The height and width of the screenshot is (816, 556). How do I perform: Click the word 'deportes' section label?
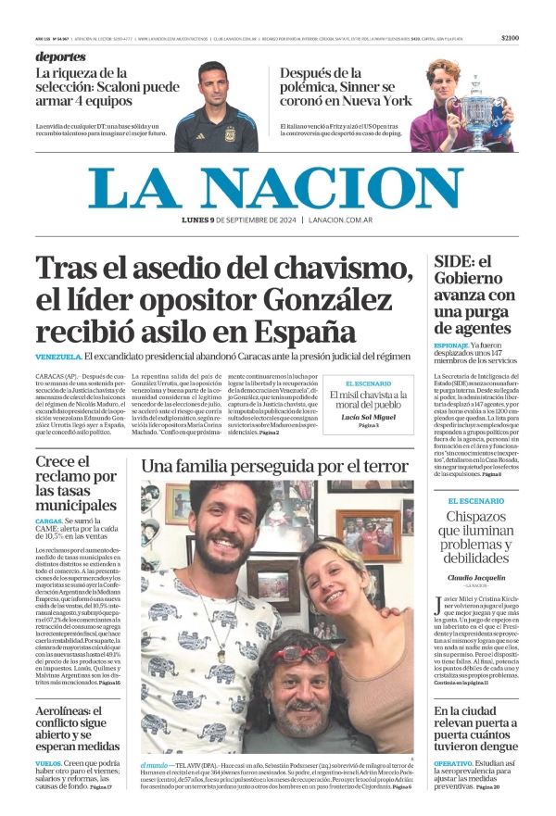click(61, 57)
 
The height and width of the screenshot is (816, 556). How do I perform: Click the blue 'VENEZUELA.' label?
click(58, 357)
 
